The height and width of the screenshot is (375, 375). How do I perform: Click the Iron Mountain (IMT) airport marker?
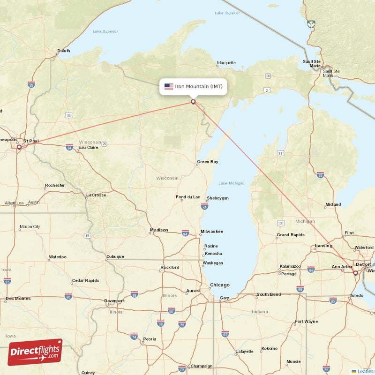coord(193,101)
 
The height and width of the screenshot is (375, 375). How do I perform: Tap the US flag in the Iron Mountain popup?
coord(169,87)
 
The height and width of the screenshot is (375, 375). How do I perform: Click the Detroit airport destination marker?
coord(355,273)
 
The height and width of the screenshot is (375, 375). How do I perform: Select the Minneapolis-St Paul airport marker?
coord(19,147)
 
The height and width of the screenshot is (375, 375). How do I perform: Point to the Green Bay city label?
coord(207,162)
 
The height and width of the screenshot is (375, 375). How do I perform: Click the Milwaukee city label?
coord(212,232)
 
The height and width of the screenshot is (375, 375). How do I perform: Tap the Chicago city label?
coord(220,285)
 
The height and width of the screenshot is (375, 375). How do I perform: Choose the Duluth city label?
coord(63,51)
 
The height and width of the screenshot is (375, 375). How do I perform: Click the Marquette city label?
coord(226,63)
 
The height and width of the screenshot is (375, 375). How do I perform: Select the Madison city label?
coord(158,230)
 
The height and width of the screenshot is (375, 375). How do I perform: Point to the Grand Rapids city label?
coord(291,234)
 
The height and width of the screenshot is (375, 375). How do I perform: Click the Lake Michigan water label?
coord(231,183)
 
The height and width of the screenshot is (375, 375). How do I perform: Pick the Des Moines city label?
coord(18,299)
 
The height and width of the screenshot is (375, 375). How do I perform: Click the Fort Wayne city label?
coord(306,322)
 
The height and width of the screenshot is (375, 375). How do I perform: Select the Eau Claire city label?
coord(88,148)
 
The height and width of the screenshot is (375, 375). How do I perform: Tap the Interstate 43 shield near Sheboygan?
coord(204,206)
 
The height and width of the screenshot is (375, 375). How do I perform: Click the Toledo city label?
coord(356,296)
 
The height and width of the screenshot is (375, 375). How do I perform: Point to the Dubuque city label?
coord(115,256)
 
